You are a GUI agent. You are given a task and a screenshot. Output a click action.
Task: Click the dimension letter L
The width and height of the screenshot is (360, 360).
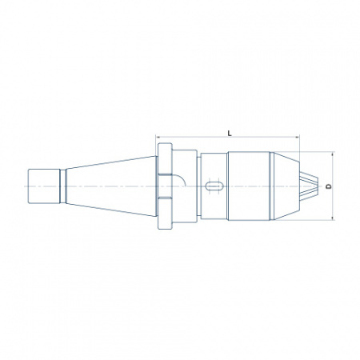[x=230, y=133]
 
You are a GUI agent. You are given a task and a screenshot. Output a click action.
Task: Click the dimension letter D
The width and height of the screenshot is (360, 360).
[x=329, y=186]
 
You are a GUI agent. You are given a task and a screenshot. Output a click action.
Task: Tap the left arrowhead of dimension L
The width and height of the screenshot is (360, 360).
[x=158, y=137]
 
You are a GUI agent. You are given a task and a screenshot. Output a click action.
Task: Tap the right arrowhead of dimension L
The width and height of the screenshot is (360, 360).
[x=297, y=137]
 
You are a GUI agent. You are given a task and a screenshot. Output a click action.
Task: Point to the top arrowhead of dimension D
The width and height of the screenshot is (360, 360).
[x=333, y=154]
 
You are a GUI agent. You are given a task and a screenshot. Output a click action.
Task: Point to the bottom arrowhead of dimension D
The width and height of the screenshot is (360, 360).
[x=333, y=218]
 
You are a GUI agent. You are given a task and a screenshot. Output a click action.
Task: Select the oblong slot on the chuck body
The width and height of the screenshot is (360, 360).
[x=214, y=186]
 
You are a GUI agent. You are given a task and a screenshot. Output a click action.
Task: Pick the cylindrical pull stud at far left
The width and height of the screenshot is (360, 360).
[x=44, y=186]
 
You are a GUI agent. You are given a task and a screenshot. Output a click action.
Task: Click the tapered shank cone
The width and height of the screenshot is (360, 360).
[x=111, y=186]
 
